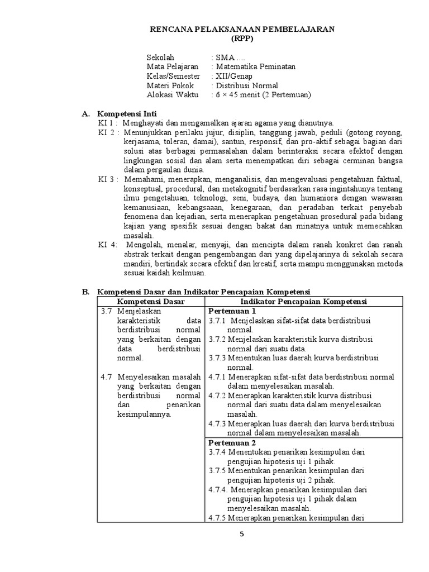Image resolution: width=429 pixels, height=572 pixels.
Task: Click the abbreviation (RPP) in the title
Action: [241, 38]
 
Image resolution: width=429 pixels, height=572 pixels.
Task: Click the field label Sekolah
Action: [160, 58]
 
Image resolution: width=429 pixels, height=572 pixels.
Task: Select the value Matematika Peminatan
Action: [256, 66]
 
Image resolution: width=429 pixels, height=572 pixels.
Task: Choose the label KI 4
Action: [107, 244]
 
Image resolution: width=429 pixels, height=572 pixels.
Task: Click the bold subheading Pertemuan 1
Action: [232, 311]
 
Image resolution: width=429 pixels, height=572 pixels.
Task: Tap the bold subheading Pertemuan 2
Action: [232, 442]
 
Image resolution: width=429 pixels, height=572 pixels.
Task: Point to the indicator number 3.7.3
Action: [217, 358]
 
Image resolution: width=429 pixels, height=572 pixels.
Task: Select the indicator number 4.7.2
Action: [217, 395]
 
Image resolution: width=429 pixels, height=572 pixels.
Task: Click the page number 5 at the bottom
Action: [242, 533]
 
